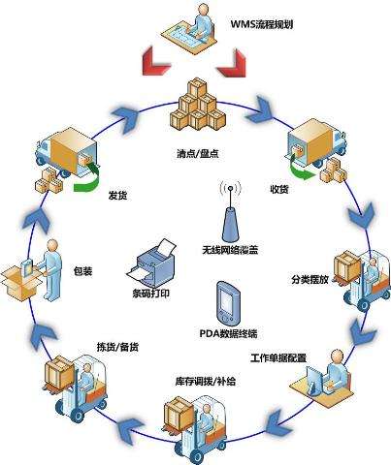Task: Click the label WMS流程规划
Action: pos(262,24)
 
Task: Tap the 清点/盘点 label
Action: pos(198,153)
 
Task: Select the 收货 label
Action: pos(278,189)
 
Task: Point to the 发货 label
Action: pos(117,196)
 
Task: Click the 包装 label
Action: pos(83,270)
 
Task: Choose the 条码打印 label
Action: pos(150,294)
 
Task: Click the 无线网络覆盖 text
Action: pos(230,250)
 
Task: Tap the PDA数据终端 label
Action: pos(228,333)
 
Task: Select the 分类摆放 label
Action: pos(310,279)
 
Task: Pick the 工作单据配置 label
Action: pos(278,358)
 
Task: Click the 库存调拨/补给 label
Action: pos(206,382)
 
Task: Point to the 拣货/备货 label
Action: pos(118,347)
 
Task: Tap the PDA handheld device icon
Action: pos(229,303)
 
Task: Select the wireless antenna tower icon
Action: pos(230,212)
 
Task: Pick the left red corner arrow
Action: pos(156,62)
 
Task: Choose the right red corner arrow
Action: pos(232,62)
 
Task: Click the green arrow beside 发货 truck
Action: pos(87,178)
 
